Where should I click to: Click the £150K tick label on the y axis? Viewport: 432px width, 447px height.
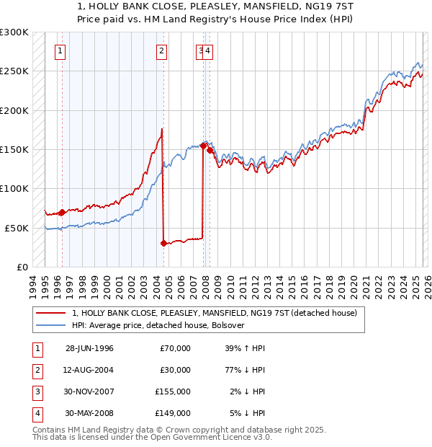coord(14,149)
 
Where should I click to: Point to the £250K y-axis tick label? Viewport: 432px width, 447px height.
coord(14,71)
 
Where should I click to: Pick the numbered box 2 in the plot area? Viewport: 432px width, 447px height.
coord(162,50)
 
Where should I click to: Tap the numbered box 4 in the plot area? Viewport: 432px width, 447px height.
coord(207,50)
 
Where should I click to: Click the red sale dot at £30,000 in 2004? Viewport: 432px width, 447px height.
coord(163,243)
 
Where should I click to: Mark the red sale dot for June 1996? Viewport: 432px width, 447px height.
coord(62,212)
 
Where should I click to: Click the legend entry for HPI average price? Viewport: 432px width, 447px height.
coord(158,325)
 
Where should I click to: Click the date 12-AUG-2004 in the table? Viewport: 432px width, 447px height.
coord(89,370)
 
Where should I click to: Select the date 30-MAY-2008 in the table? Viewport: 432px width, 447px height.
coord(89,413)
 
